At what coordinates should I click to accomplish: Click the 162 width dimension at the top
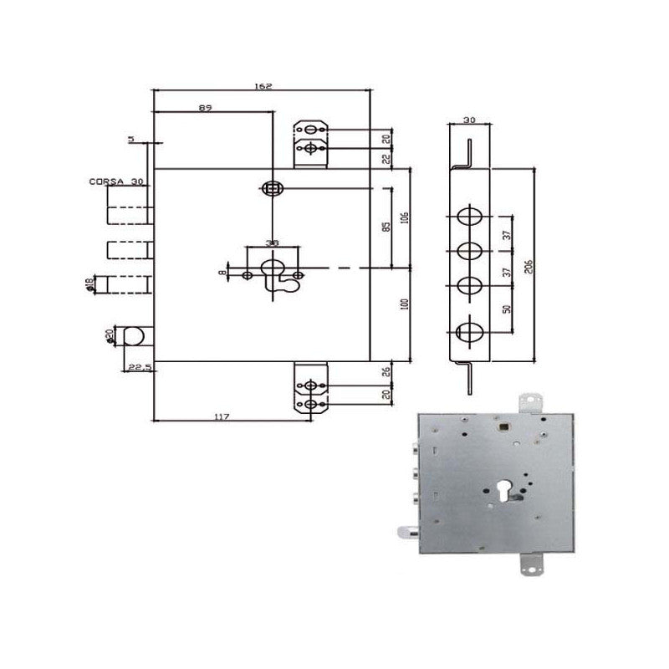click(x=264, y=86)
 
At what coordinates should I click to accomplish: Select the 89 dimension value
click(x=205, y=107)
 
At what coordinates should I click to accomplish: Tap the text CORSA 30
click(x=116, y=181)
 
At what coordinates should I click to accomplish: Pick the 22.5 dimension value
click(x=138, y=368)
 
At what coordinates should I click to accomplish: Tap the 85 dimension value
click(x=385, y=227)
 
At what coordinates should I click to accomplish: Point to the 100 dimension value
click(x=405, y=306)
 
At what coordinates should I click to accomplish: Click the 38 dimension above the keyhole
click(x=271, y=243)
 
